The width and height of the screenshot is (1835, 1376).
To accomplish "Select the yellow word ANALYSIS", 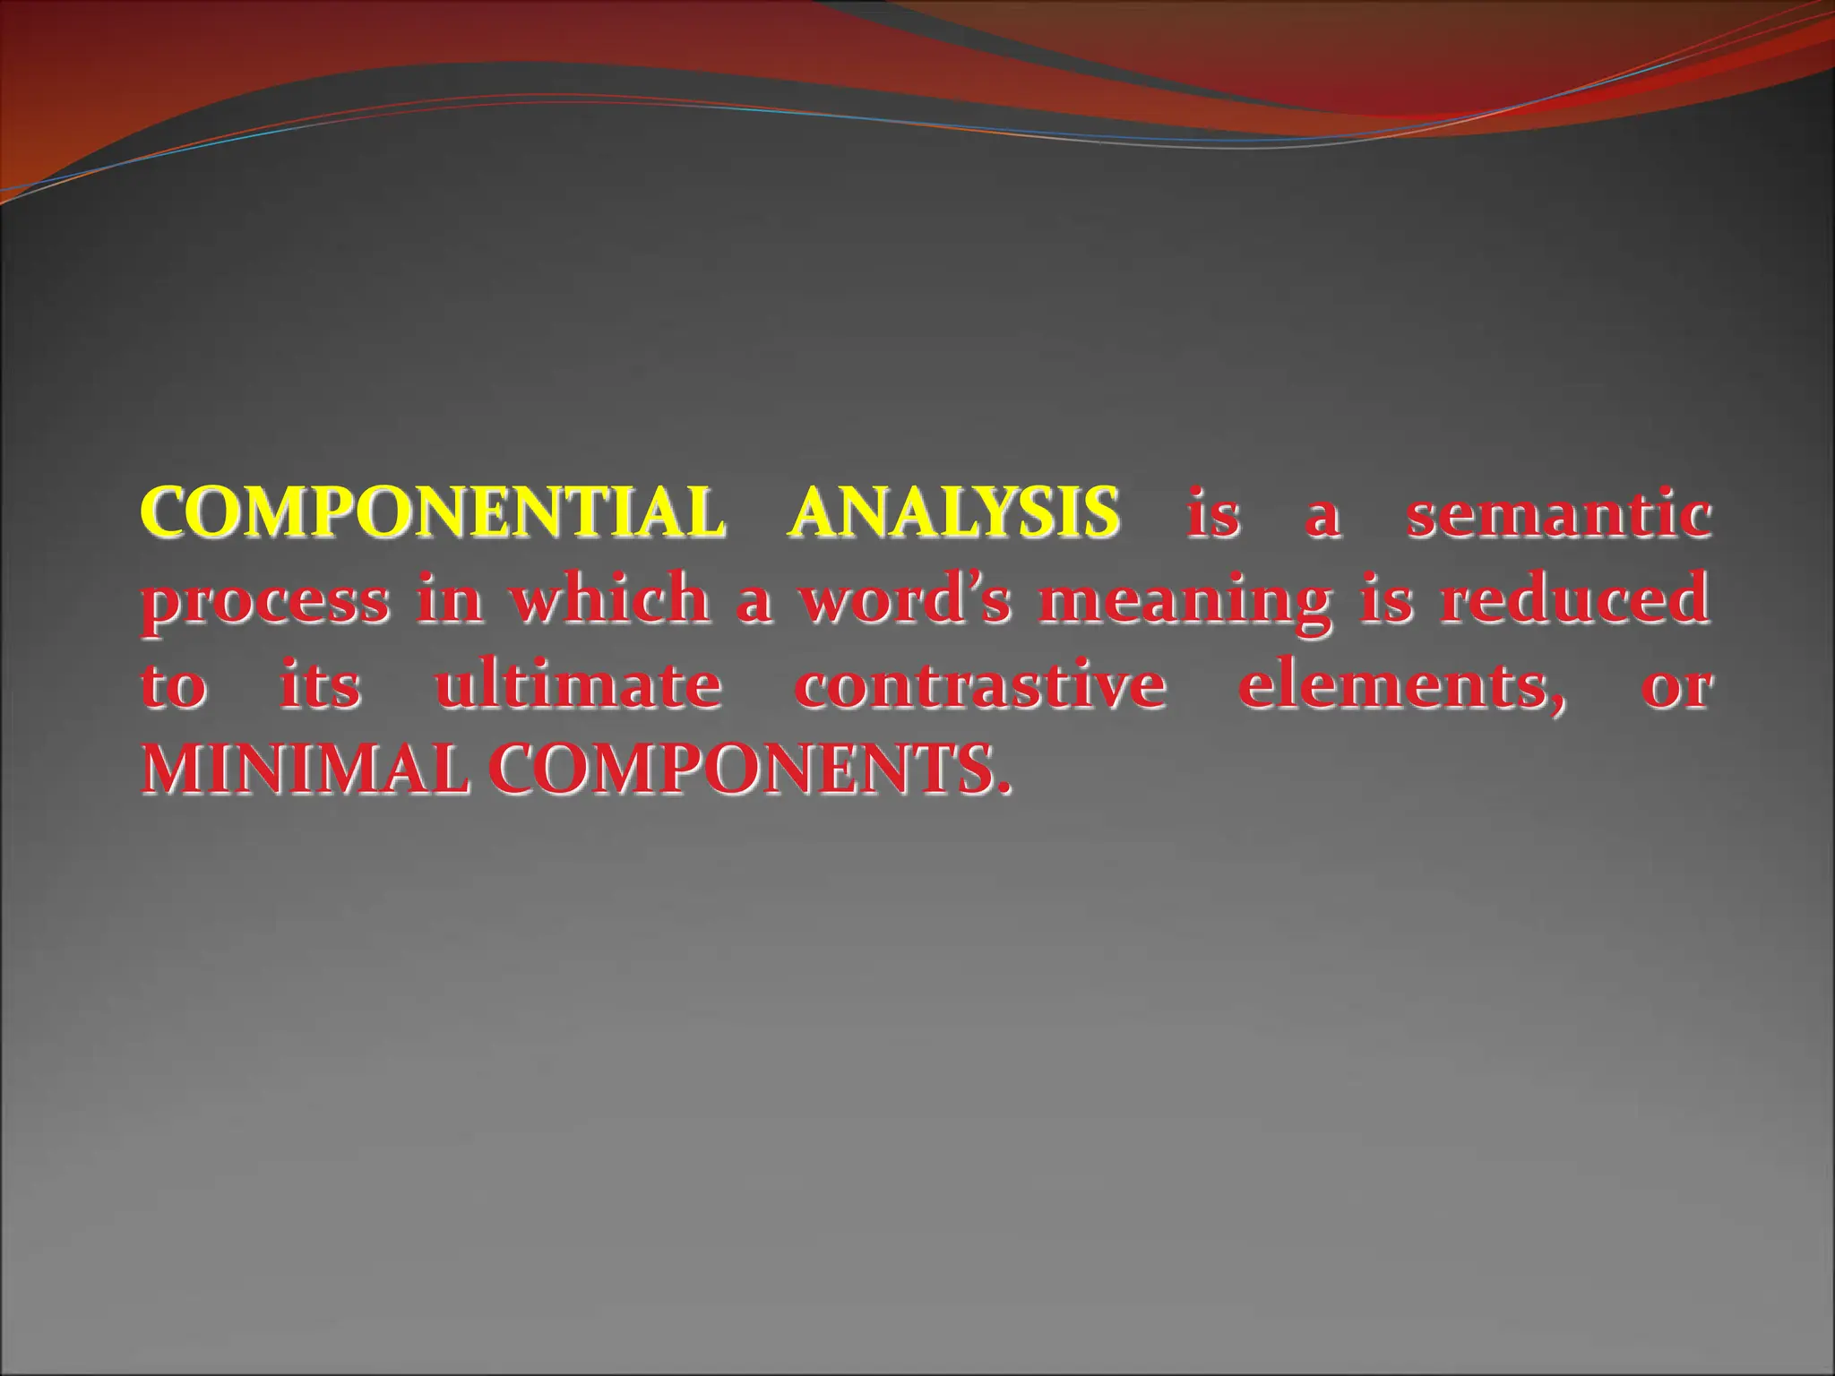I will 953,512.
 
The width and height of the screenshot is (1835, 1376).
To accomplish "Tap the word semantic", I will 1557,514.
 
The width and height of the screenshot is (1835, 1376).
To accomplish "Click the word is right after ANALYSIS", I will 1213,514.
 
